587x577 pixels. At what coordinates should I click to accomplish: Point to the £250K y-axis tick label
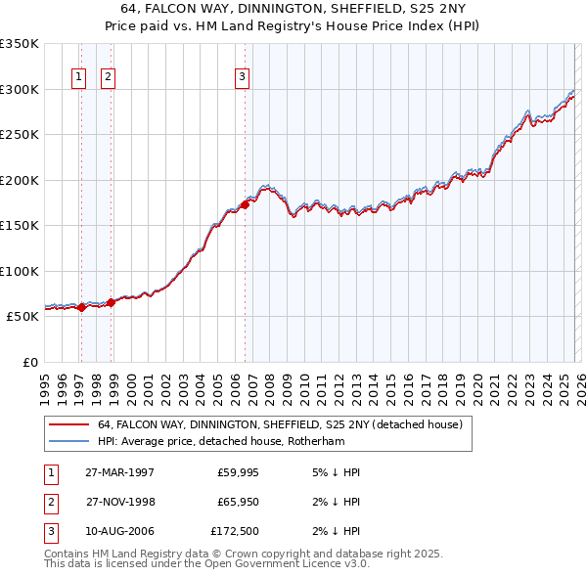[x=20, y=134]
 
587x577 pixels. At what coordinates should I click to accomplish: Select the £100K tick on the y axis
[x=20, y=271]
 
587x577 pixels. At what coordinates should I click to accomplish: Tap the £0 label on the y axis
[x=29, y=362]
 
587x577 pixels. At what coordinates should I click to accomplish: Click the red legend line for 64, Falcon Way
[x=68, y=425]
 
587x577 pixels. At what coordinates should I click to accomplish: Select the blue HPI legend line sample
[x=68, y=441]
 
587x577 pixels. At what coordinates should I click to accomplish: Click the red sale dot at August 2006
[x=245, y=204]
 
